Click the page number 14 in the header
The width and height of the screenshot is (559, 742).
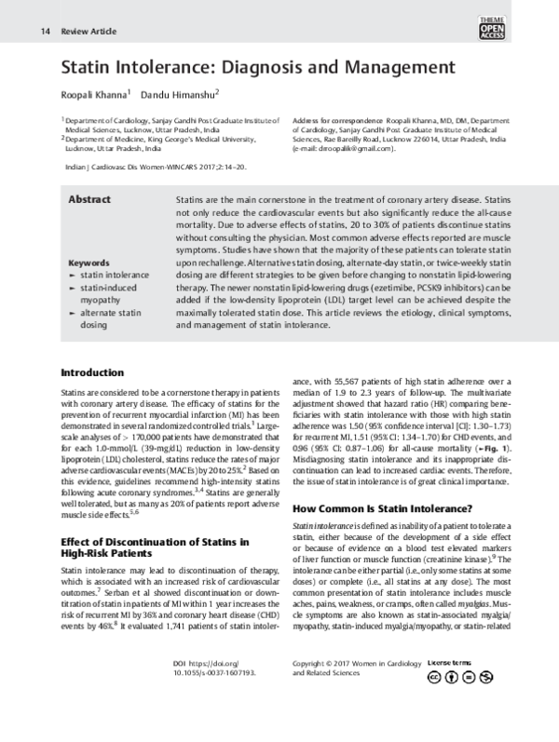pyautogui.click(x=45, y=32)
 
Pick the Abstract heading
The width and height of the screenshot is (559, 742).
pyautogui.click(x=90, y=200)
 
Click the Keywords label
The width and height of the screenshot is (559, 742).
pyautogui.click(x=89, y=263)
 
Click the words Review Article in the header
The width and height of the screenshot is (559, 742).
pyautogui.click(x=89, y=32)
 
